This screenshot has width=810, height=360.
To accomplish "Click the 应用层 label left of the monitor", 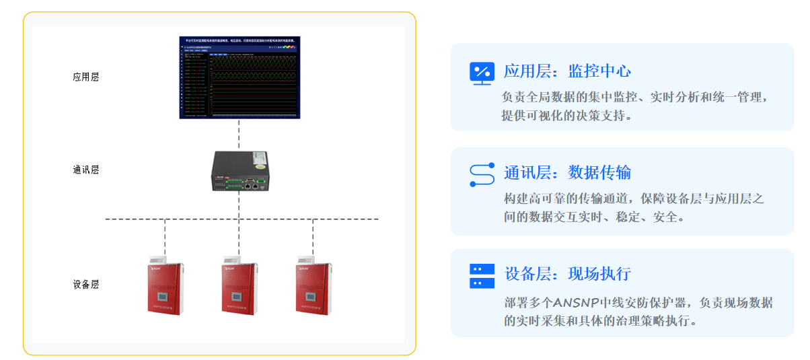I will click(86, 77).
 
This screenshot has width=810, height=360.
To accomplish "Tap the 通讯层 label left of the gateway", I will click(86, 170).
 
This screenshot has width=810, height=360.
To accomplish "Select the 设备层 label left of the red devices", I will click(86, 285).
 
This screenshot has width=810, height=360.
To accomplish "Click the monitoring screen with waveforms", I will click(240, 77).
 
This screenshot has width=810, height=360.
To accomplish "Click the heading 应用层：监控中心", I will click(567, 71).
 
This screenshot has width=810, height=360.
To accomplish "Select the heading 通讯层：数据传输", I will click(567, 173).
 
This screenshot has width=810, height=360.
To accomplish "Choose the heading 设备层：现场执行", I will click(567, 274).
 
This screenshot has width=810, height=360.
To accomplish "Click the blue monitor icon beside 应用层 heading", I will click(482, 73).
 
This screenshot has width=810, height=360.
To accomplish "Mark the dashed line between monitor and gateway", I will click(239, 135).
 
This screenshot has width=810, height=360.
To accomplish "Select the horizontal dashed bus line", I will click(202, 219).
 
